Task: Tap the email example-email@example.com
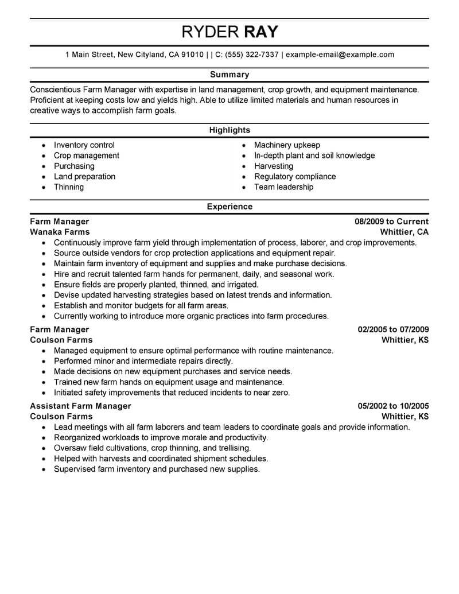(340, 55)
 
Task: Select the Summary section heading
(229, 75)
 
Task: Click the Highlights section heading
(229, 130)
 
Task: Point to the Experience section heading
(229, 207)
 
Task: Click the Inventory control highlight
(84, 145)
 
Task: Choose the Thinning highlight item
(69, 187)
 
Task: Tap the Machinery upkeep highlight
(287, 145)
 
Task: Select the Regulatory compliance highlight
(295, 177)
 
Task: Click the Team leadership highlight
(283, 187)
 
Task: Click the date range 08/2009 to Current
(392, 222)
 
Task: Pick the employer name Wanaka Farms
(60, 232)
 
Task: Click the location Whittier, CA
(404, 232)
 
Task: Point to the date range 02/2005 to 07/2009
(393, 329)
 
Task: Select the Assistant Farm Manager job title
(80, 406)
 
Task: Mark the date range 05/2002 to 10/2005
(393, 406)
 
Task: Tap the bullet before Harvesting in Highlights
(244, 166)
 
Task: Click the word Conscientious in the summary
(55, 90)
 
